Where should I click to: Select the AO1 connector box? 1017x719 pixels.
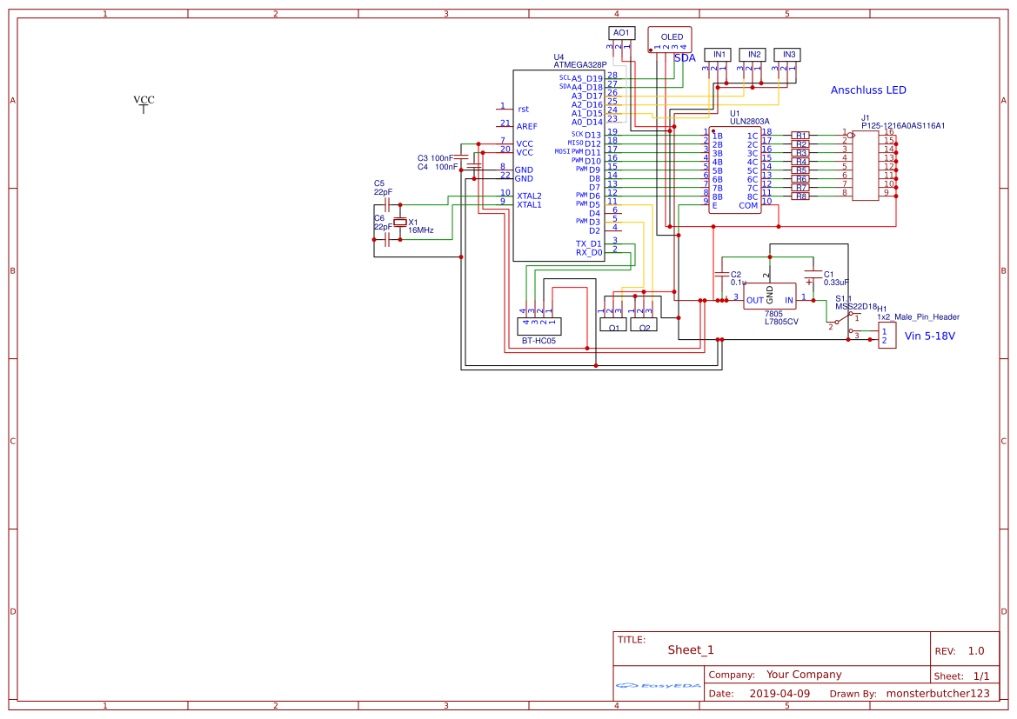point(621,32)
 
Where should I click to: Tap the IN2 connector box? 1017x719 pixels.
point(754,54)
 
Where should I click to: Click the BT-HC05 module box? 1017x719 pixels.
point(539,327)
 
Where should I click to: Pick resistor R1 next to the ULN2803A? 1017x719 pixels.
point(801,136)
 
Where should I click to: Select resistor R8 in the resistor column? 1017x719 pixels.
point(801,196)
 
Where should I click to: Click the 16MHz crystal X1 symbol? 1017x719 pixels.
point(400,223)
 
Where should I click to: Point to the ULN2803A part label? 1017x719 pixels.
point(749,122)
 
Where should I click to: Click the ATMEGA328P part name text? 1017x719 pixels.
point(579,65)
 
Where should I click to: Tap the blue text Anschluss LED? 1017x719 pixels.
point(868,90)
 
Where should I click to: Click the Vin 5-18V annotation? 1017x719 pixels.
point(929,336)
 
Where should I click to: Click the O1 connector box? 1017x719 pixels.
point(613,326)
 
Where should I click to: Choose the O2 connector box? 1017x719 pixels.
point(644,326)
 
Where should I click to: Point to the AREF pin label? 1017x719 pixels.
point(526,127)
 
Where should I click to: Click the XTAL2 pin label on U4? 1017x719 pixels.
point(529,196)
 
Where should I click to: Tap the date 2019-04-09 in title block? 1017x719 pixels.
point(779,694)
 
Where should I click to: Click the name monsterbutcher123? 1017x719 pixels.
point(938,694)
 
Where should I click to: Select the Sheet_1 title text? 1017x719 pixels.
point(691,650)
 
